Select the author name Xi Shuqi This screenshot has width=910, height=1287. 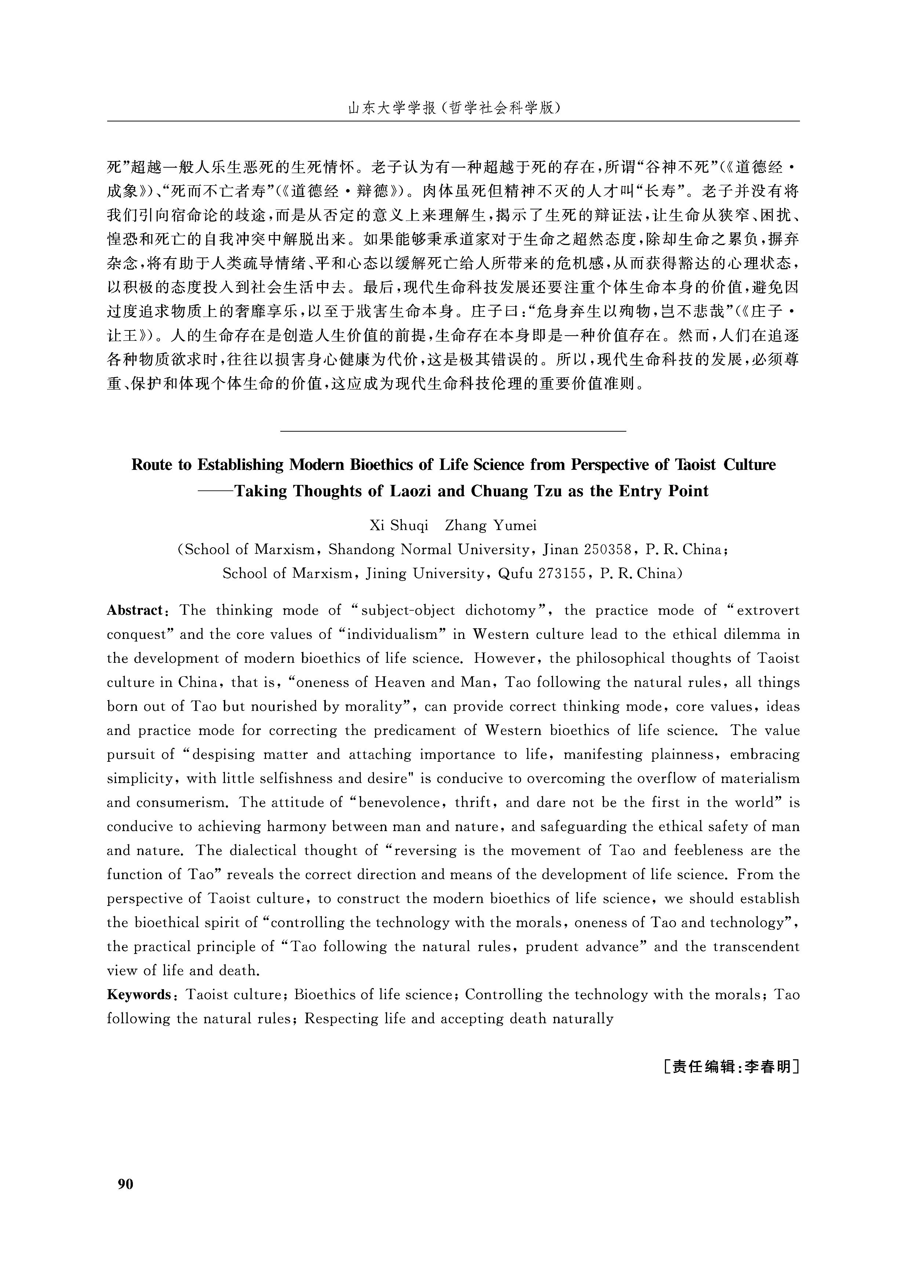coord(398,525)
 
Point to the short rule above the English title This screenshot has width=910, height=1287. coord(452,431)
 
